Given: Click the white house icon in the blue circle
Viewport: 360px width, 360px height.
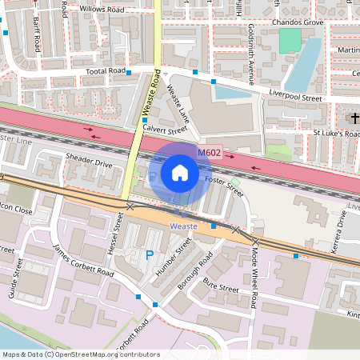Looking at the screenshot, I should pyautogui.click(x=180, y=172).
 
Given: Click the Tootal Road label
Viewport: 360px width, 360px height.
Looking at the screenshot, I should pyautogui.click(x=106, y=71).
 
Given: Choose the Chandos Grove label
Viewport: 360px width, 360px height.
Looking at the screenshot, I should pyautogui.click(x=297, y=23).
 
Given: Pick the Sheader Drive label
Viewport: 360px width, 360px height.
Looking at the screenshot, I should pyautogui.click(x=90, y=162).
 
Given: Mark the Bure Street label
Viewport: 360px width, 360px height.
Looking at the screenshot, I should pyautogui.click(x=222, y=287).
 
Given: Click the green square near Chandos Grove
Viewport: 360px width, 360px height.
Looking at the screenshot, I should pyautogui.click(x=290, y=40).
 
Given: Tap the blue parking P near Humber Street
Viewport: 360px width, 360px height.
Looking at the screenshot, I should pyautogui.click(x=149, y=255).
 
